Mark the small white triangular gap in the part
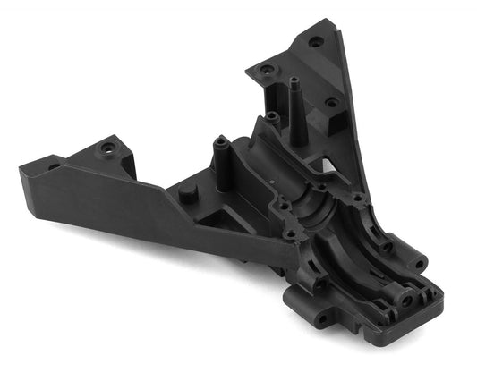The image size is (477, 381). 333,170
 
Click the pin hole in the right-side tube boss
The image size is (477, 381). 387,244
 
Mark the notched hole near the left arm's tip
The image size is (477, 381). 55,166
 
